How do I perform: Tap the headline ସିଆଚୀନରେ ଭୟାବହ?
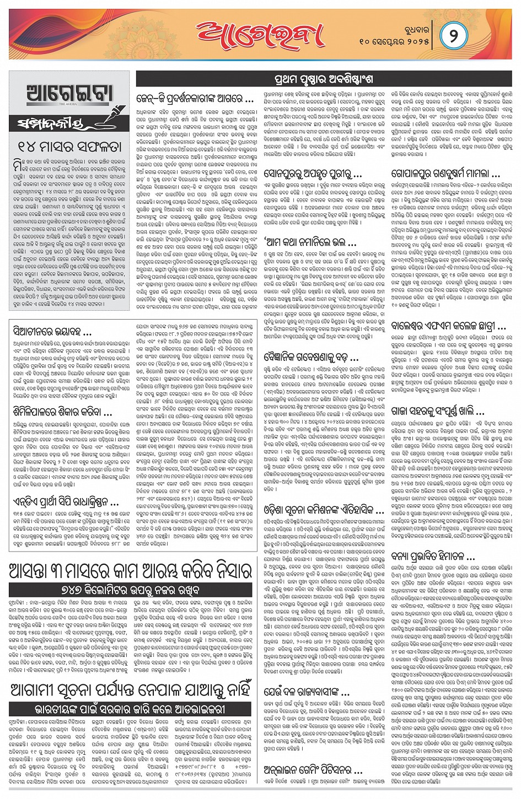(x=53, y=332)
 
